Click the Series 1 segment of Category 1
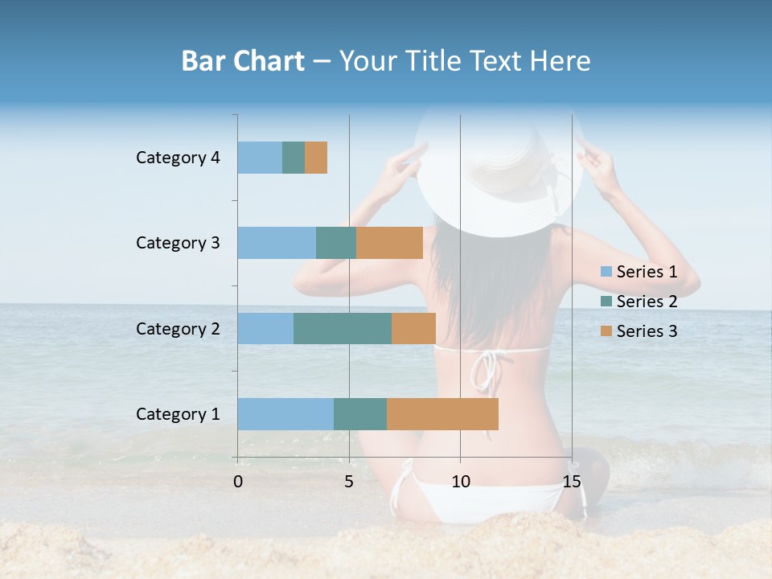tap(285, 414)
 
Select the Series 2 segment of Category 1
tap(360, 414)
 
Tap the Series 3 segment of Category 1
tap(442, 414)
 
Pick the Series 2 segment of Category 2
tap(343, 328)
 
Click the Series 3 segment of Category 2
tap(413, 328)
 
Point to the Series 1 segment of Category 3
tap(277, 243)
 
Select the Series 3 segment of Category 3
tap(389, 243)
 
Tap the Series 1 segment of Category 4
tap(260, 158)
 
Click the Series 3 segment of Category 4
tap(316, 158)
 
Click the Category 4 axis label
tap(178, 158)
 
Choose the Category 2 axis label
tap(178, 328)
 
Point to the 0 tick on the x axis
tap(238, 482)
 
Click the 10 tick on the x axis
tap(460, 482)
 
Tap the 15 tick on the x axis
tap(572, 482)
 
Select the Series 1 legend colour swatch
tap(606, 272)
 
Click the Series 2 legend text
tap(647, 302)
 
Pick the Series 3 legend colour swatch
tap(606, 331)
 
